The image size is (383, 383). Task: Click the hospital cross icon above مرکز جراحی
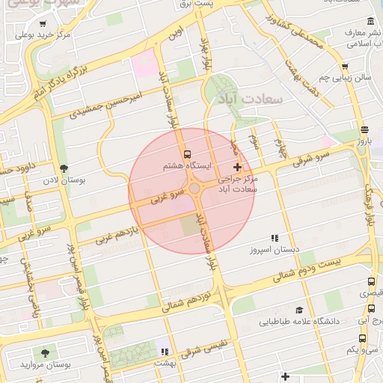pos(238,167)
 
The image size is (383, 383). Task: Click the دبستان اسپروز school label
pos(274,248)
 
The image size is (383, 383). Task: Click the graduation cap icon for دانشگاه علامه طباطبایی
pos(299,310)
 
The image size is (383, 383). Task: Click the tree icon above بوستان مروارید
pos(46,351)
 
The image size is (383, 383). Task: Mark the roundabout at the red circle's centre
pos(192,191)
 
